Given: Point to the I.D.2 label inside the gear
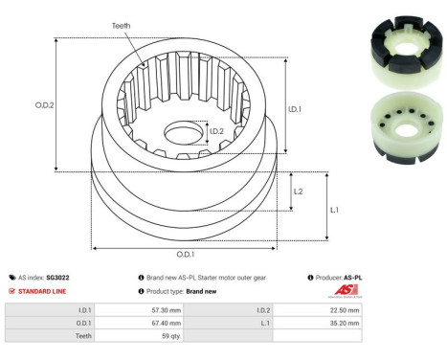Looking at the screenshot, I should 217,131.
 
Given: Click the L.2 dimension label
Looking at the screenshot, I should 298,191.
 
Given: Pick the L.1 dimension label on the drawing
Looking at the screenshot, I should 335,209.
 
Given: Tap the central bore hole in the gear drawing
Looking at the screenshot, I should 185,131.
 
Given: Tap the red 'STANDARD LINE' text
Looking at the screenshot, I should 43,290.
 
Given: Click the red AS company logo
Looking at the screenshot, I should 346,291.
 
